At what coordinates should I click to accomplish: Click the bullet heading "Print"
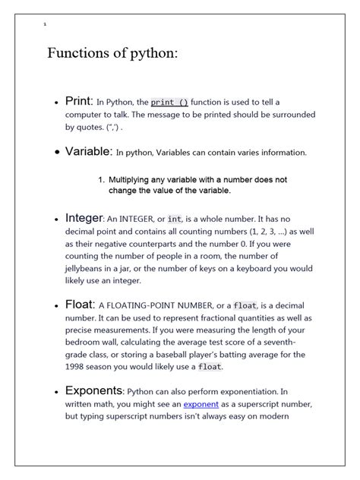coord(78,101)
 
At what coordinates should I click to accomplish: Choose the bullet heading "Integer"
coord(84,218)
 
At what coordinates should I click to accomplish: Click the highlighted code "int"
coord(175,219)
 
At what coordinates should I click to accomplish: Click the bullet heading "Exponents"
coord(93,392)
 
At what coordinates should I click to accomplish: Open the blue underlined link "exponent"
coord(201,405)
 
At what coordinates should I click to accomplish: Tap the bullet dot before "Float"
coord(57,306)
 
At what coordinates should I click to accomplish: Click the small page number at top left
coord(46,24)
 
